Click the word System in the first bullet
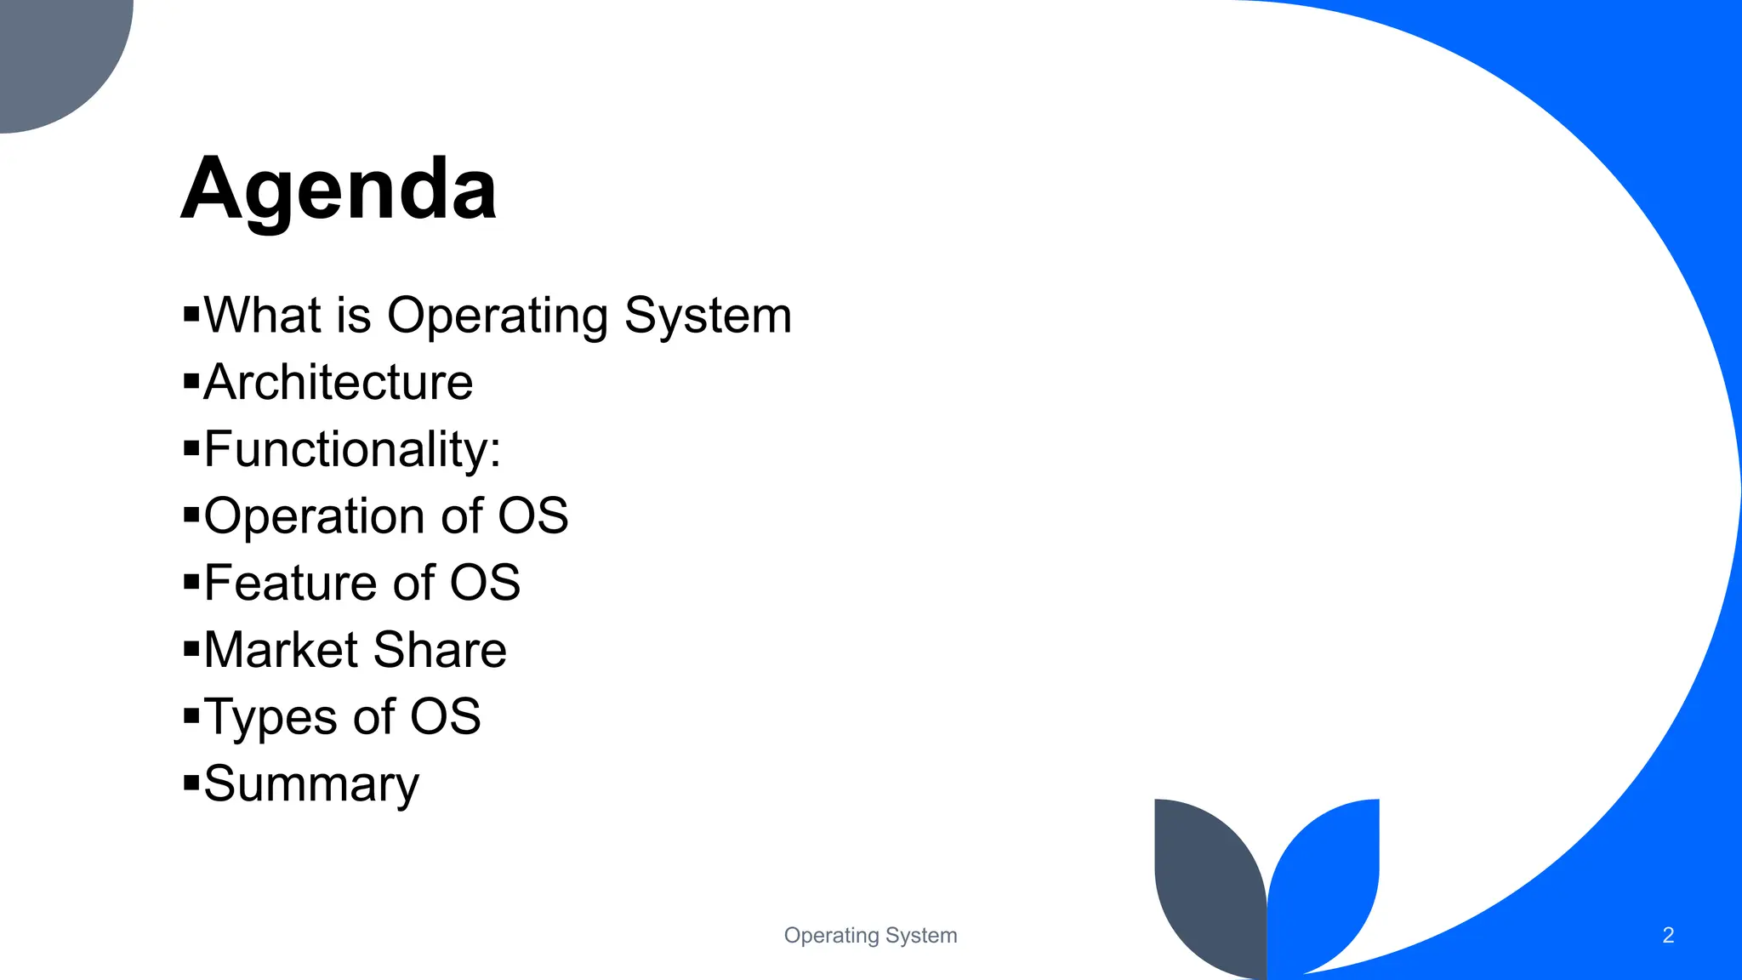[x=708, y=316]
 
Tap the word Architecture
[x=338, y=382]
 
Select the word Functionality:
[x=352, y=449]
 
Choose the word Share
[x=440, y=650]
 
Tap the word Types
[x=270, y=717]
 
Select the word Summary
[x=311, y=783]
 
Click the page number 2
[x=1668, y=935]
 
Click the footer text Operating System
[x=870, y=935]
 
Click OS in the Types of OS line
[x=445, y=717]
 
